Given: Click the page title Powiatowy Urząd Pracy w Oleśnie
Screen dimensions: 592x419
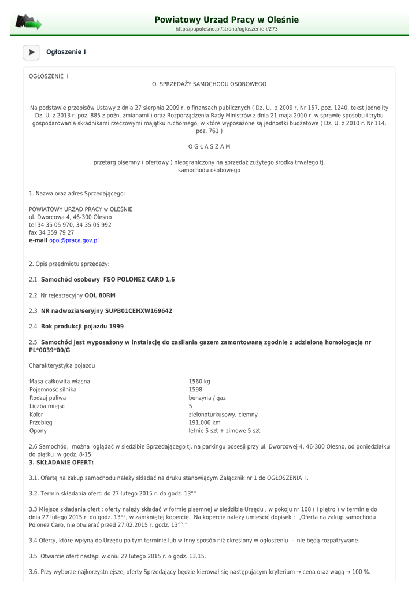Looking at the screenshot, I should coord(227,20).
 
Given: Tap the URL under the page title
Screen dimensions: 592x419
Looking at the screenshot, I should coord(227,29).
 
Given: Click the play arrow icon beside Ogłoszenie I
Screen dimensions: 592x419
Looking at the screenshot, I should coord(31,53).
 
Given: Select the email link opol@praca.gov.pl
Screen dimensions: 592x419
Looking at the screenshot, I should coord(74,240).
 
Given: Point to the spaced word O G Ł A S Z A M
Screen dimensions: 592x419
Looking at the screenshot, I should coord(209,147).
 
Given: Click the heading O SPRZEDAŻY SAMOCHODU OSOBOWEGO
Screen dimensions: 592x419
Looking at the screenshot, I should coord(209,84).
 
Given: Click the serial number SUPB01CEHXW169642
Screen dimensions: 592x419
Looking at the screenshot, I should coord(138,311).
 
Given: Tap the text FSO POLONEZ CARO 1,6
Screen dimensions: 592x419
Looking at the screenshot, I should coord(139,280).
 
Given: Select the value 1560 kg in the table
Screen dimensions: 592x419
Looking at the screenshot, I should coord(199,382).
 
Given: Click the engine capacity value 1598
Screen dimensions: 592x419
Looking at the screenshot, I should coord(195,390).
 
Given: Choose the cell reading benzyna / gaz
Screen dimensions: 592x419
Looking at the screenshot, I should coord(207,398).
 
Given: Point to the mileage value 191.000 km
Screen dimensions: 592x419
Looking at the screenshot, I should coord(205,423).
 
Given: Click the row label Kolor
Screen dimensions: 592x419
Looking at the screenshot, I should coord(36,415).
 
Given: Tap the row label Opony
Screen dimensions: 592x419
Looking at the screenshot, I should coord(38,431).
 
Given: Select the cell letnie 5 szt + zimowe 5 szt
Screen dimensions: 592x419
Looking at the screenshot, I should coord(224,431).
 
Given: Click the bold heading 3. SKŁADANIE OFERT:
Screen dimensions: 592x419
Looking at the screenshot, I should coord(61,462).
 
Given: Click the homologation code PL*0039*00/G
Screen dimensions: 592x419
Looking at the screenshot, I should coord(50,350).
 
